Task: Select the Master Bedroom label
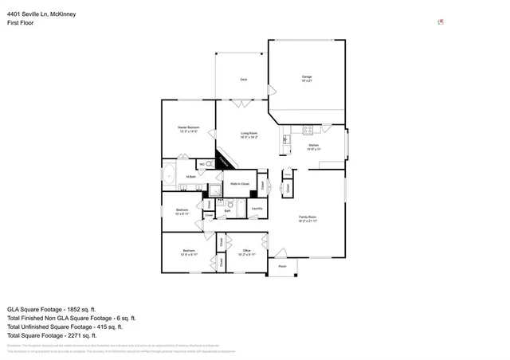pyautogui.click(x=188, y=129)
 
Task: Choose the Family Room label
pyautogui.click(x=308, y=218)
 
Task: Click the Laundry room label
pyautogui.click(x=257, y=209)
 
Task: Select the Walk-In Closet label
pyautogui.click(x=240, y=184)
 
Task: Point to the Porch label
pyautogui.click(x=282, y=267)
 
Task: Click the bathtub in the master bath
pyautogui.click(x=170, y=173)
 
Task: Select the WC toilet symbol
pyautogui.click(x=209, y=165)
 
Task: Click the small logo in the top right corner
pyautogui.click(x=441, y=22)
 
